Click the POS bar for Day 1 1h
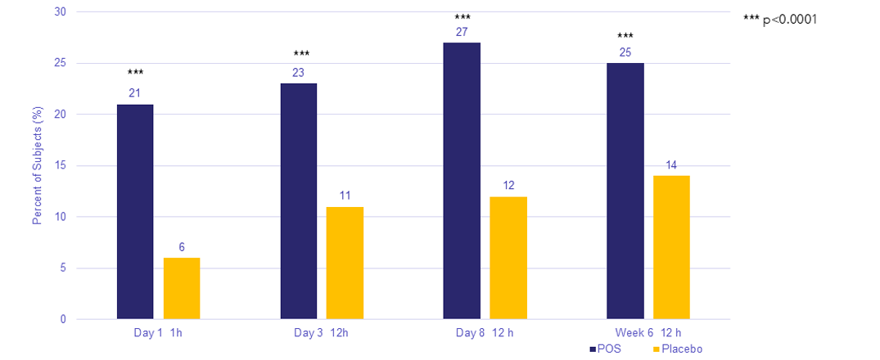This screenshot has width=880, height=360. [135, 212]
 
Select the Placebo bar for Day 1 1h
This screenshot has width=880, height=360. [182, 289]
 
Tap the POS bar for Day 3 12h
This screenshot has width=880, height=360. [298, 201]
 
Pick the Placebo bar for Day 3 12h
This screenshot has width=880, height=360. [345, 263]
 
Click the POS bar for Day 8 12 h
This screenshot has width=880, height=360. [462, 181]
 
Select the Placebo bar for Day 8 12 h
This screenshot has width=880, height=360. [508, 258]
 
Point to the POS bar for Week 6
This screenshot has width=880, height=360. [625, 191]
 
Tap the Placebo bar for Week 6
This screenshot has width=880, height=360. [671, 247]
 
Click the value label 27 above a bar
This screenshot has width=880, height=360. [462, 33]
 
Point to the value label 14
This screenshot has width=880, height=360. [671, 165]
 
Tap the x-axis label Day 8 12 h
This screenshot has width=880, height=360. [485, 333]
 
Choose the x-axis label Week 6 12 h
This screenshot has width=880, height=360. [648, 333]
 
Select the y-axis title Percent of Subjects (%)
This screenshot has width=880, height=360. [37, 166]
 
